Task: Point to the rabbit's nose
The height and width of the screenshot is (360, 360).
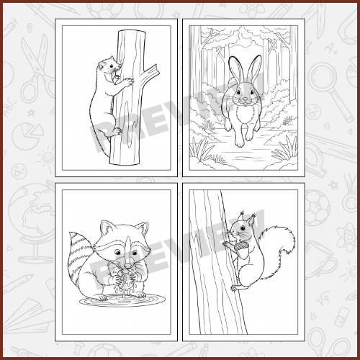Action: tap(245, 99)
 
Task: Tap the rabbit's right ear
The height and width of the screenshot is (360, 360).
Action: tap(253, 69)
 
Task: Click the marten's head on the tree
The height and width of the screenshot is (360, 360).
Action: tap(109, 66)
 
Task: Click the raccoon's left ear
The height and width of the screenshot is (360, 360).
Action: tap(107, 228)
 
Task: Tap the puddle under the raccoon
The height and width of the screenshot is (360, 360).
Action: tap(122, 300)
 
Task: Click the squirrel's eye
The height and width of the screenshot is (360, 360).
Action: tap(242, 228)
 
